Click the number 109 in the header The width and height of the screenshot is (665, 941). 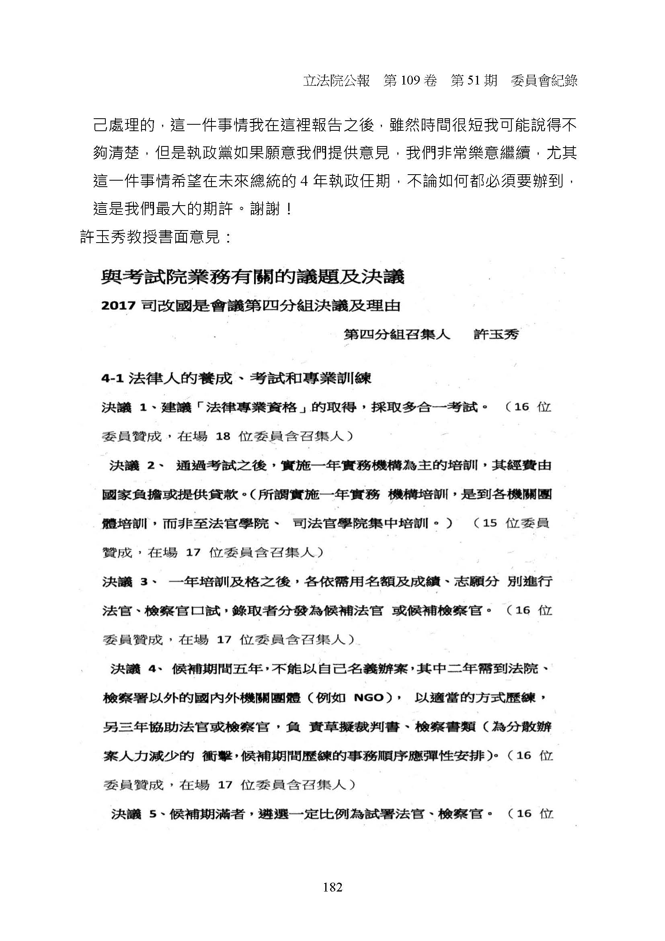(410, 81)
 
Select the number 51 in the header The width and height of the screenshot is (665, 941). (471, 81)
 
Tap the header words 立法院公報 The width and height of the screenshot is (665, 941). (336, 81)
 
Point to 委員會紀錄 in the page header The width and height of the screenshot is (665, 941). (544, 81)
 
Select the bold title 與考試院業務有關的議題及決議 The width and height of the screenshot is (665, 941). (252, 278)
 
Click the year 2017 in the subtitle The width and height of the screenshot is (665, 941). (118, 306)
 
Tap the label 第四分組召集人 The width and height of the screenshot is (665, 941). (397, 334)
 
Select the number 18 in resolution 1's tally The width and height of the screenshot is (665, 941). (223, 436)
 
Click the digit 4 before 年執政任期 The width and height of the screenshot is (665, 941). (304, 181)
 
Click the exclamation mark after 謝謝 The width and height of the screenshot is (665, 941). (289, 210)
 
